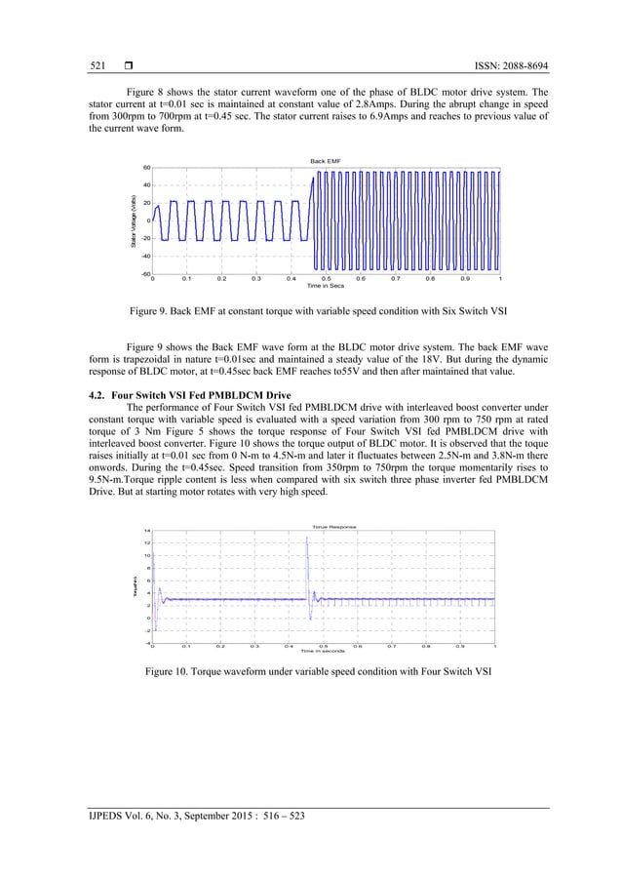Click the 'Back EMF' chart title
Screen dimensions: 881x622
325,159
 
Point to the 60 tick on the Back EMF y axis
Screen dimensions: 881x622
145,168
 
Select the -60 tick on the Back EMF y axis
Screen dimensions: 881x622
143,273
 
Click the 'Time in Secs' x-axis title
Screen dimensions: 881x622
325,286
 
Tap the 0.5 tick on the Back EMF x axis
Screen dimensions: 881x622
326,279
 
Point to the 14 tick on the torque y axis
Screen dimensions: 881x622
145,531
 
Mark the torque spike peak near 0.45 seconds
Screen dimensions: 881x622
306,538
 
